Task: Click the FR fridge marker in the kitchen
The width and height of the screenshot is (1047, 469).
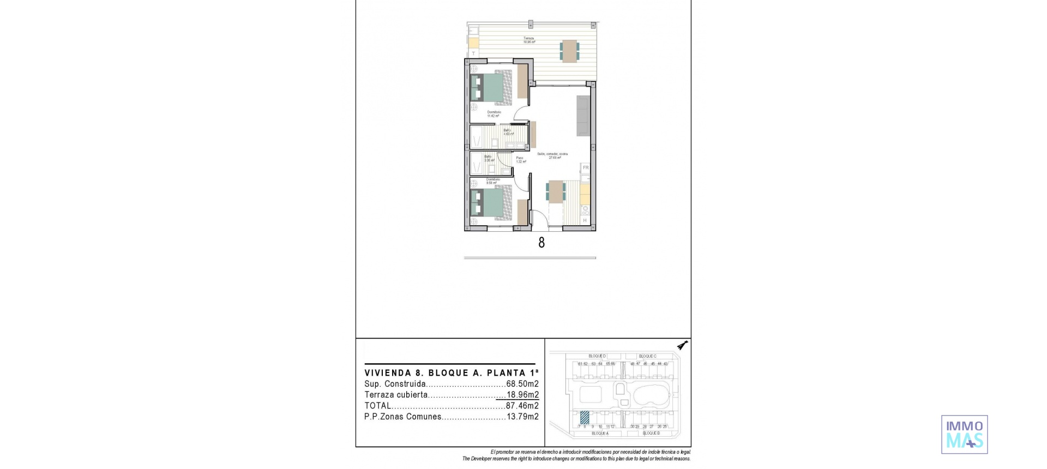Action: (x=585, y=168)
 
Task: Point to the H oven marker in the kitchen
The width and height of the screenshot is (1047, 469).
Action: (x=585, y=220)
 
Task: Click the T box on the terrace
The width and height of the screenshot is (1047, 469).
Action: (x=473, y=53)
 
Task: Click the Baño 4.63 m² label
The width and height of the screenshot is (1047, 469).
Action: (x=127, y=131)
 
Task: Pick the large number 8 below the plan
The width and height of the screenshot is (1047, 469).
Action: (x=541, y=243)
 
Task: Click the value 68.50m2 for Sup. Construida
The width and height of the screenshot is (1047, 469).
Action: (x=522, y=384)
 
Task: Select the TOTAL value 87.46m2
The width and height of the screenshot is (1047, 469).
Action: (x=522, y=406)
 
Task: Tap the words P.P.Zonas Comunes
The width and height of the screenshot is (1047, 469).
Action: (x=402, y=417)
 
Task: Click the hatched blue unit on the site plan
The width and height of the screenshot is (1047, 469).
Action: (x=585, y=418)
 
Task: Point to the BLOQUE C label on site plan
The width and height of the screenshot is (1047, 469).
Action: (x=647, y=356)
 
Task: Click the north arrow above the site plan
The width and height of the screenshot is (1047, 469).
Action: (x=682, y=345)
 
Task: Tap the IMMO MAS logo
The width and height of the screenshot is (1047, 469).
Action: (x=964, y=434)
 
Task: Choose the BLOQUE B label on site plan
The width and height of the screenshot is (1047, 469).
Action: (x=651, y=433)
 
